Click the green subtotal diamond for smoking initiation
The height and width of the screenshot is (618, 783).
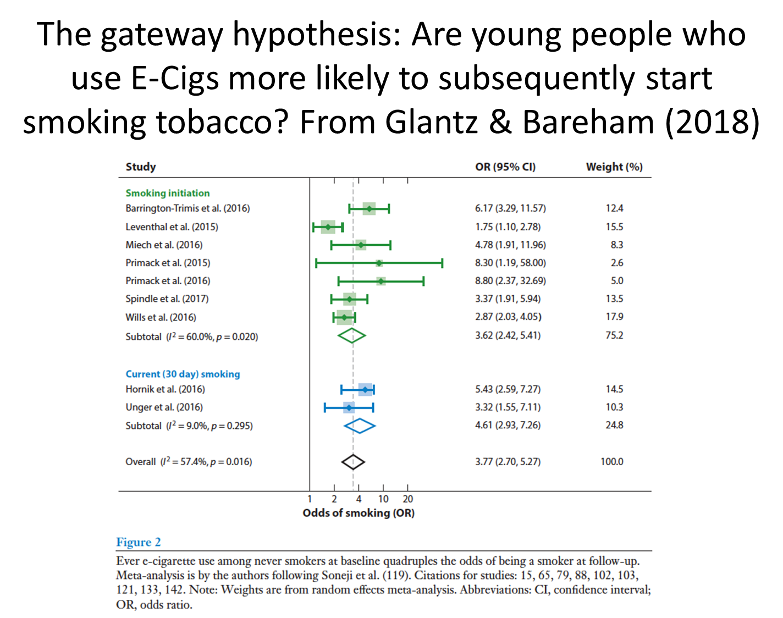pyautogui.click(x=352, y=335)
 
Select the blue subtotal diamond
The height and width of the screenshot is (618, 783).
pyautogui.click(x=360, y=426)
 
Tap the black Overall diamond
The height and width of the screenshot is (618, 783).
pyautogui.click(x=353, y=462)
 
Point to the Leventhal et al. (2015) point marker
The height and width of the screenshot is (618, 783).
pyautogui.click(x=328, y=227)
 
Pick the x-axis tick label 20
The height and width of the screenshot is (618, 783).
pyautogui.click(x=407, y=499)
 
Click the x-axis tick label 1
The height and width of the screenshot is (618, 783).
pyautogui.click(x=310, y=499)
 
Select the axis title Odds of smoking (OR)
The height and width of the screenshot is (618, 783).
pyautogui.click(x=359, y=513)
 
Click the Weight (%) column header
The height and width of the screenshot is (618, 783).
pyautogui.click(x=614, y=167)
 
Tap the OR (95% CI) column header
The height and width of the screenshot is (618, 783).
pyautogui.click(x=505, y=167)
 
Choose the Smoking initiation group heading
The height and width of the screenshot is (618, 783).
pyautogui.click(x=168, y=193)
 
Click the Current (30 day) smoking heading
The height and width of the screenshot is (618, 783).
pyautogui.click(x=183, y=374)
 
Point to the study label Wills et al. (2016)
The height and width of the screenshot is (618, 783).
pyautogui.click(x=161, y=317)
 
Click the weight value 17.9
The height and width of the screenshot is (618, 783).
pyautogui.click(x=614, y=317)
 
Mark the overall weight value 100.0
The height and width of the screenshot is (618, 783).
pyautogui.click(x=611, y=462)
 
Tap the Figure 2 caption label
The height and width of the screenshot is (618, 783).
pyautogui.click(x=139, y=542)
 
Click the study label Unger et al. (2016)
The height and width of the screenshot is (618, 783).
pyautogui.click(x=164, y=407)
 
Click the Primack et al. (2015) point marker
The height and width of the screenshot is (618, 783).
pyautogui.click(x=379, y=263)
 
